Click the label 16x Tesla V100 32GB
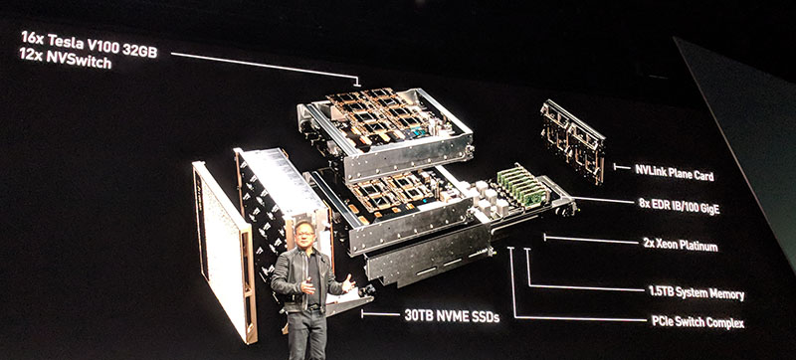point(89,44)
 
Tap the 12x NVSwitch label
point(65,59)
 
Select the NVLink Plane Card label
point(675,172)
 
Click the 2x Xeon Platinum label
point(681,245)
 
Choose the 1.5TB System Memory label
point(696,293)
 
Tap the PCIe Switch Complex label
point(697,322)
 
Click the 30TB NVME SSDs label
point(452,316)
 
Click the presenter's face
point(305,236)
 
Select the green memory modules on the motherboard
point(523,186)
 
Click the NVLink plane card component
point(573,140)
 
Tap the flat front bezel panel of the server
point(224,252)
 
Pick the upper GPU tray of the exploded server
point(385,133)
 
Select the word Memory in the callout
point(724,294)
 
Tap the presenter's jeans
point(306,335)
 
